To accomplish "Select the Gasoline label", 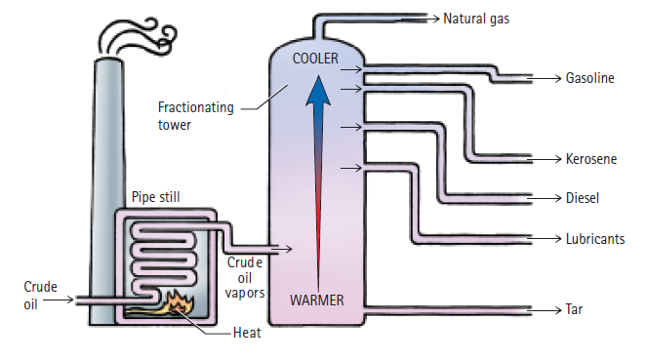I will click(x=590, y=78).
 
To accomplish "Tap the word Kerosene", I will click(x=591, y=158).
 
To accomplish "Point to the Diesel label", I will click(x=583, y=198).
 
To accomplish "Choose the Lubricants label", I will click(x=595, y=238).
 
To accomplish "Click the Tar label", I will click(x=575, y=310).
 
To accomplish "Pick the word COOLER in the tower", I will click(x=314, y=59).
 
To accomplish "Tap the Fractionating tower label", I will click(x=195, y=116).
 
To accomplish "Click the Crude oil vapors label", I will click(x=245, y=277).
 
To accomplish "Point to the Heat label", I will click(x=247, y=333).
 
